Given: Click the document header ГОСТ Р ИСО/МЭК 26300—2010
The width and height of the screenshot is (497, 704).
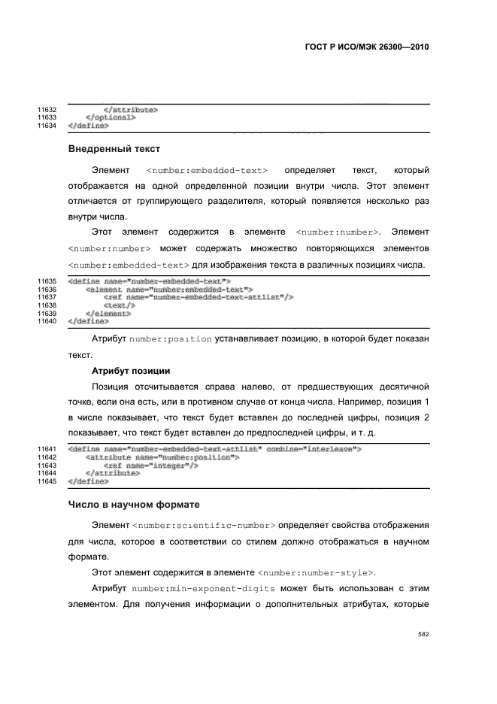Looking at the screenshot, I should (366, 46).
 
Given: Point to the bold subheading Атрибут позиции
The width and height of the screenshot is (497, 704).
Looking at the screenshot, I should (131, 371).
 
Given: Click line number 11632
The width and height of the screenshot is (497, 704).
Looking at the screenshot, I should (47, 110).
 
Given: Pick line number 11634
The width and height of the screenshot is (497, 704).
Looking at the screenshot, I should (47, 126).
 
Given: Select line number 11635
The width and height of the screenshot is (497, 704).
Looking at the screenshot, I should (47, 282).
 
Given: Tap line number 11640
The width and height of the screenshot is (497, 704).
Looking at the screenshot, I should (47, 321).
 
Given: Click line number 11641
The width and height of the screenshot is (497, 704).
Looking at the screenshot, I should (47, 449).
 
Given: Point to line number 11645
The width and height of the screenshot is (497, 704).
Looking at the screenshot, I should (47, 481).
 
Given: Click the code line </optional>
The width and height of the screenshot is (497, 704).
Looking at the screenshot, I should (111, 118).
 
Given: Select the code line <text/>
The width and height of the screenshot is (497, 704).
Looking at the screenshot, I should (119, 305).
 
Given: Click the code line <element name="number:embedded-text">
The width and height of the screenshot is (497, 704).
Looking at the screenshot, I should (169, 290).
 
